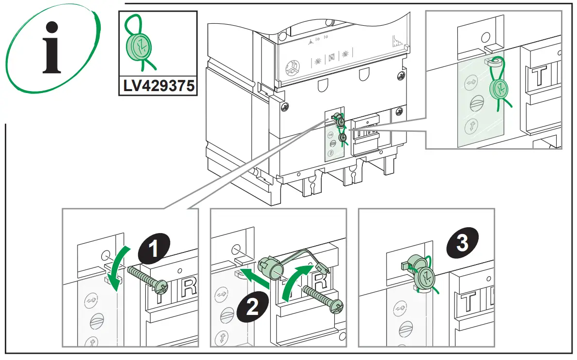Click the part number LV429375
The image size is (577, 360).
158,86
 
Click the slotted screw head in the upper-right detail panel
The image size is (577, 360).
473,105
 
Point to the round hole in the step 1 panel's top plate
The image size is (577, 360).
105,255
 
